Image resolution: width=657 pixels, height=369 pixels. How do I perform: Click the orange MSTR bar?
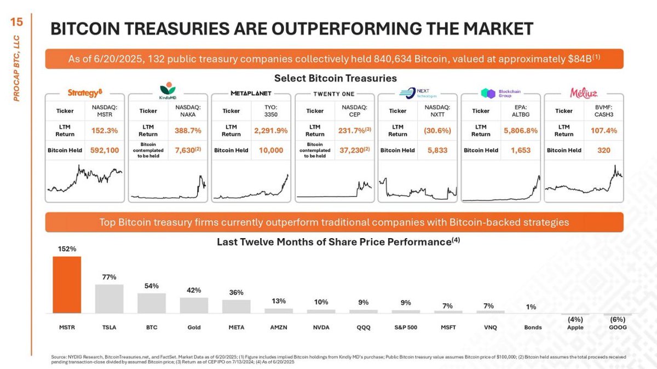coord(67,285)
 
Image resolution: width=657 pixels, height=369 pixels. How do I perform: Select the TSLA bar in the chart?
coord(109,298)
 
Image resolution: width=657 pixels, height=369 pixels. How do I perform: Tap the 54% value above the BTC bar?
coord(152,286)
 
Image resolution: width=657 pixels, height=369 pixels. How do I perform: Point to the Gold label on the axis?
coord(194,327)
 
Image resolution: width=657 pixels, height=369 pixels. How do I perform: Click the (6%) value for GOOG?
coord(618,320)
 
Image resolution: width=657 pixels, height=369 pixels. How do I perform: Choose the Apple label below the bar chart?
coord(575,327)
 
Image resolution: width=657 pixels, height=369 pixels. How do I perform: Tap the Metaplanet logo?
coord(251,94)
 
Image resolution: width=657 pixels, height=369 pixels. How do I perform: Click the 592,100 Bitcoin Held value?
coord(105,150)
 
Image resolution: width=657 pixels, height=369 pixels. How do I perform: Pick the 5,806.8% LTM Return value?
coord(521,130)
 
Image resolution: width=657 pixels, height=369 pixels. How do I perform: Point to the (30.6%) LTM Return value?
coord(437,130)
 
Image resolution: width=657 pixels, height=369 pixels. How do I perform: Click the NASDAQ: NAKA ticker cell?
coord(188,111)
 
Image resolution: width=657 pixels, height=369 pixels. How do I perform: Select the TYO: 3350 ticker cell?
coord(271,111)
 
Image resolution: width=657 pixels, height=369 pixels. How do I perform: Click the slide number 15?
coord(17,22)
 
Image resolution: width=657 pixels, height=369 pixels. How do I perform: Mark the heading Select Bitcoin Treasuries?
coord(335,78)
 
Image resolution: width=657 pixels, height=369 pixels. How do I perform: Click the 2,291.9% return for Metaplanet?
coord(270,130)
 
